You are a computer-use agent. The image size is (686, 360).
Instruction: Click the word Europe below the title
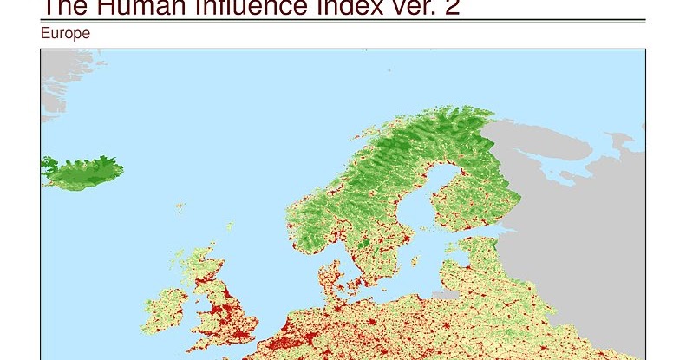click(x=65, y=34)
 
